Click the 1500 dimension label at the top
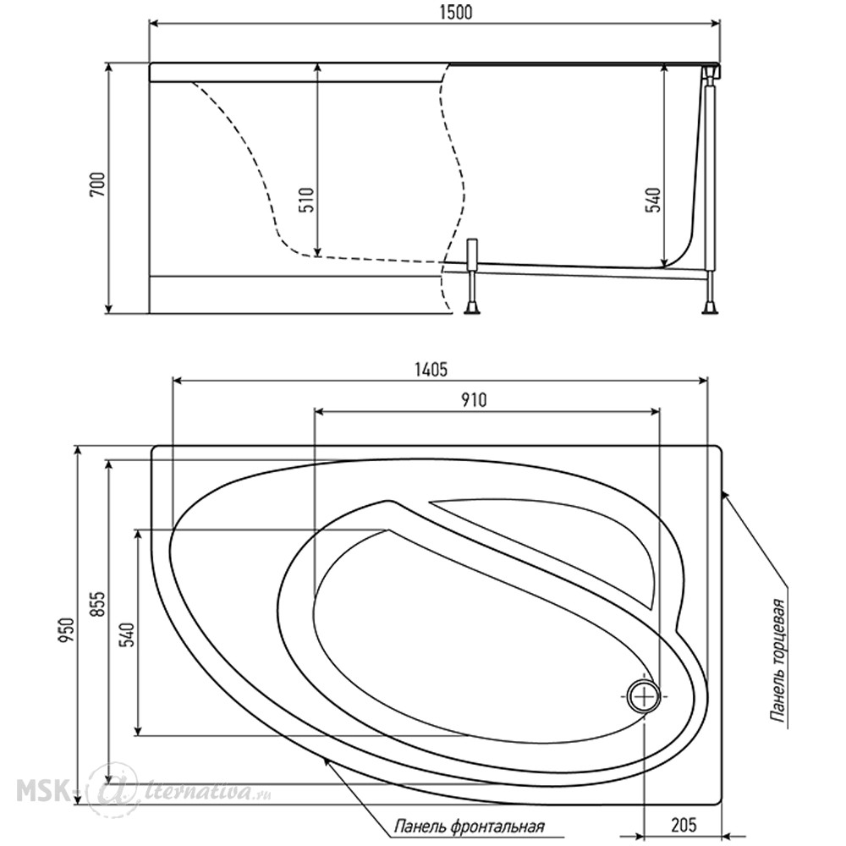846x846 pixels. pos(457,12)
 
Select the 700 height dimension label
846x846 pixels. pos(98,184)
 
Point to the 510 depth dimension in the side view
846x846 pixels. pos(306,199)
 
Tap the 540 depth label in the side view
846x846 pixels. pos(653,200)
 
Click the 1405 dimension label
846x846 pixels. pos(431,370)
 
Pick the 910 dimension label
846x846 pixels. pos(474,400)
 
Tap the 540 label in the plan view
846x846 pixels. pos(128,635)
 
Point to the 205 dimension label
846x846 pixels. pos(684,824)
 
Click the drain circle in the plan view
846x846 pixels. pos(644,696)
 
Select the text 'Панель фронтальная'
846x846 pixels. pos(469,826)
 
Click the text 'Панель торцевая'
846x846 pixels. pos(778,660)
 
